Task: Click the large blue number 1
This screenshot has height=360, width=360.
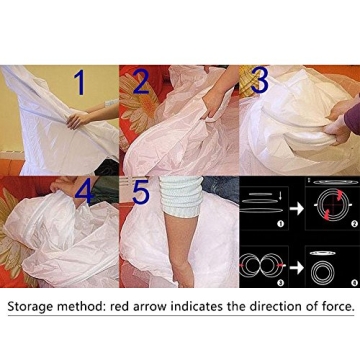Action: (x=80, y=83)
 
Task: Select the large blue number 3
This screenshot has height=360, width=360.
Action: (x=259, y=81)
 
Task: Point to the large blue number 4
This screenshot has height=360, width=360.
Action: (x=85, y=192)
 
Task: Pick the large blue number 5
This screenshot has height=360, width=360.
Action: (x=141, y=192)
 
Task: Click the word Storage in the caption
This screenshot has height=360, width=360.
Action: (x=30, y=307)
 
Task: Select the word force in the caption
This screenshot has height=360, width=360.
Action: (x=337, y=306)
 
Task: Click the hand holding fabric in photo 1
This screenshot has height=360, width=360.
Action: (x=79, y=120)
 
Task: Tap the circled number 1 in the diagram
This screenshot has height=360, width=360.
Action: (x=281, y=224)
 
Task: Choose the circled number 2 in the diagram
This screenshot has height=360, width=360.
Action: (x=353, y=224)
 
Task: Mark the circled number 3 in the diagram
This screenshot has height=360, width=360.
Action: (x=281, y=283)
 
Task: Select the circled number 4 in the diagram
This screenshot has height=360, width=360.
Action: (x=353, y=283)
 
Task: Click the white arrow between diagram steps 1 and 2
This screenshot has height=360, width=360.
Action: (x=297, y=209)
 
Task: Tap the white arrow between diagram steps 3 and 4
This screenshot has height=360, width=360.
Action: (x=297, y=269)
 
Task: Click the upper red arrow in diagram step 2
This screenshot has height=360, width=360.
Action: (x=339, y=196)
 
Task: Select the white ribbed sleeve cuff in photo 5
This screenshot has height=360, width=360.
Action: (x=181, y=197)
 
